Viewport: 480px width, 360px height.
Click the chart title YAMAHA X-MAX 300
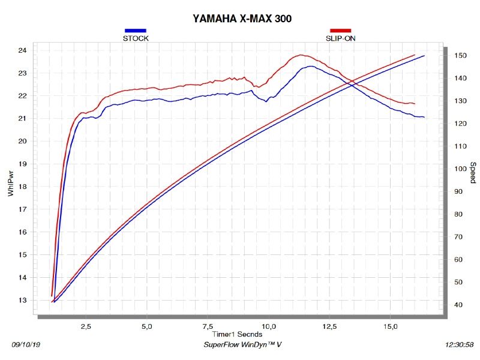[242, 19]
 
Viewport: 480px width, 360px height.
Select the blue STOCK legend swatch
[135, 31]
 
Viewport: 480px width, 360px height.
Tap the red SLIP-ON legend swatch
[341, 31]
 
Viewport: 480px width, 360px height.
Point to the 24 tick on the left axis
[22, 50]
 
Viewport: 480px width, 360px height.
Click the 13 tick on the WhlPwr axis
[22, 300]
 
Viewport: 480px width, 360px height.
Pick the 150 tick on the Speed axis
[460, 56]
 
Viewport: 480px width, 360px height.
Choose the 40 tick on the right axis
[458, 305]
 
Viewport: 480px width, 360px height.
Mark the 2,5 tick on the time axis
[86, 326]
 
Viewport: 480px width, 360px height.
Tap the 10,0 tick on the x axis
[269, 326]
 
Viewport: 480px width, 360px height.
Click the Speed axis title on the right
[473, 173]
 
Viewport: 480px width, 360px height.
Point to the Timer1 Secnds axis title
[236, 334]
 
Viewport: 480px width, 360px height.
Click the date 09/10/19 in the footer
[26, 346]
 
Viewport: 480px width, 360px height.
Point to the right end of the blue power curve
[424, 117]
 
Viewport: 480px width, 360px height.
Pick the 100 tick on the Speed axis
[460, 169]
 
